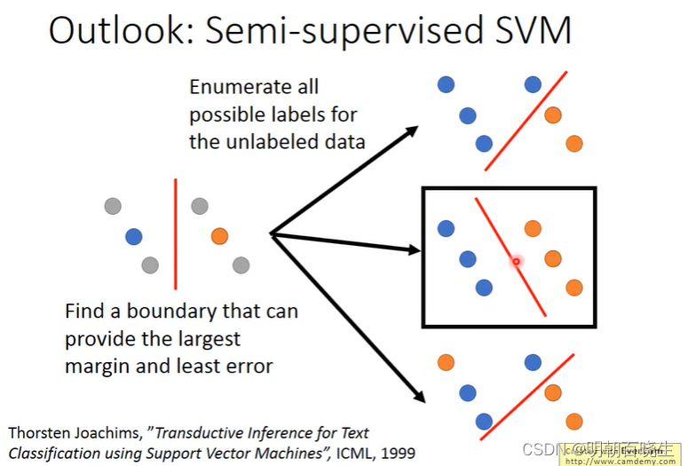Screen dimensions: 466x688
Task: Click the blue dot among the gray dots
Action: click(x=134, y=236)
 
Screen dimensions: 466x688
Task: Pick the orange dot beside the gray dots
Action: click(x=219, y=236)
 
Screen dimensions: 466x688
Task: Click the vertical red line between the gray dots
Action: click(x=175, y=233)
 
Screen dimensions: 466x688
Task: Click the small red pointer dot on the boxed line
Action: click(x=515, y=262)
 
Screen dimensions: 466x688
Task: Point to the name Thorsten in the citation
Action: click(x=42, y=433)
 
